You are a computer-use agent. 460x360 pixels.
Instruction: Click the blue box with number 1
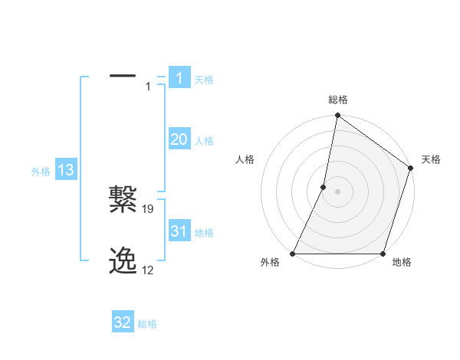[x=179, y=78]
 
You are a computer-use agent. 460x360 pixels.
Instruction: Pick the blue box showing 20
[x=179, y=139]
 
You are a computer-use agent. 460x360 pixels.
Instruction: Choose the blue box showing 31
[x=179, y=231]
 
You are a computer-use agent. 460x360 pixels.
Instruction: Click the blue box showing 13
[x=66, y=170]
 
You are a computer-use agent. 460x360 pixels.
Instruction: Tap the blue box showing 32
[x=123, y=322]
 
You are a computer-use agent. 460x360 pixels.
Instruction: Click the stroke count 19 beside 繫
[x=149, y=208]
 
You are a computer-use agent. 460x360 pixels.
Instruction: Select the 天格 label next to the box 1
[x=204, y=80]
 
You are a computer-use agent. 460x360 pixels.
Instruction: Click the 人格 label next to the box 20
[x=204, y=141]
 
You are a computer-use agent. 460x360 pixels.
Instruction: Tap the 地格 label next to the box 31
[x=204, y=233]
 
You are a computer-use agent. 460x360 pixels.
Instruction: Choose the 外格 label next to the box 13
[x=41, y=172]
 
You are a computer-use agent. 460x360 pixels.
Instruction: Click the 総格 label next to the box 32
[x=147, y=324]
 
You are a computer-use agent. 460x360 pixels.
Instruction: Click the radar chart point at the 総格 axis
[x=337, y=116]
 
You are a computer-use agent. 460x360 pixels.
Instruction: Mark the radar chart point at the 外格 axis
[x=293, y=254]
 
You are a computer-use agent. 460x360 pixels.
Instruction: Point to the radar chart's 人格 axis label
[x=245, y=159]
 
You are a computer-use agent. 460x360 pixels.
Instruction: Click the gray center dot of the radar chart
[x=337, y=191]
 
